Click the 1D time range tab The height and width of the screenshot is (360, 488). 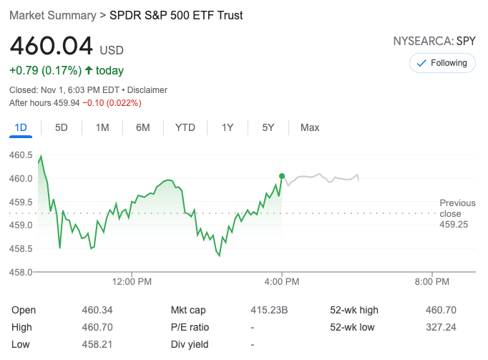[21, 127]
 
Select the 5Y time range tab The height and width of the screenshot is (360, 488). [268, 127]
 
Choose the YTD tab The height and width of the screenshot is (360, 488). [185, 127]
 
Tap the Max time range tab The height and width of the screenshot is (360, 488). [310, 127]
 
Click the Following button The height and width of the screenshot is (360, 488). [442, 63]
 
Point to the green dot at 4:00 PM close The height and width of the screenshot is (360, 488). [282, 176]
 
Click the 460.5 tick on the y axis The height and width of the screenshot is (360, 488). [21, 155]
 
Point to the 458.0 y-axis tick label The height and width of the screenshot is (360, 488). [21, 272]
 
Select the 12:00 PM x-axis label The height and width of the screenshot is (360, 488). [132, 282]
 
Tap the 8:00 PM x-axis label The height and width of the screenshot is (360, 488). [432, 282]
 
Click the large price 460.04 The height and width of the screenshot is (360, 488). [52, 47]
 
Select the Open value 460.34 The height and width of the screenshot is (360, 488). [97, 310]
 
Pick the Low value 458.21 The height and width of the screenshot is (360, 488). [97, 344]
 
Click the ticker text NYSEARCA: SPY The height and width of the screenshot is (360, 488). [434, 41]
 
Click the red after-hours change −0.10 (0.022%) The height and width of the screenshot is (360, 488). [112, 103]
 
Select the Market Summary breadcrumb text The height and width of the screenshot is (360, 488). [52, 15]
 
